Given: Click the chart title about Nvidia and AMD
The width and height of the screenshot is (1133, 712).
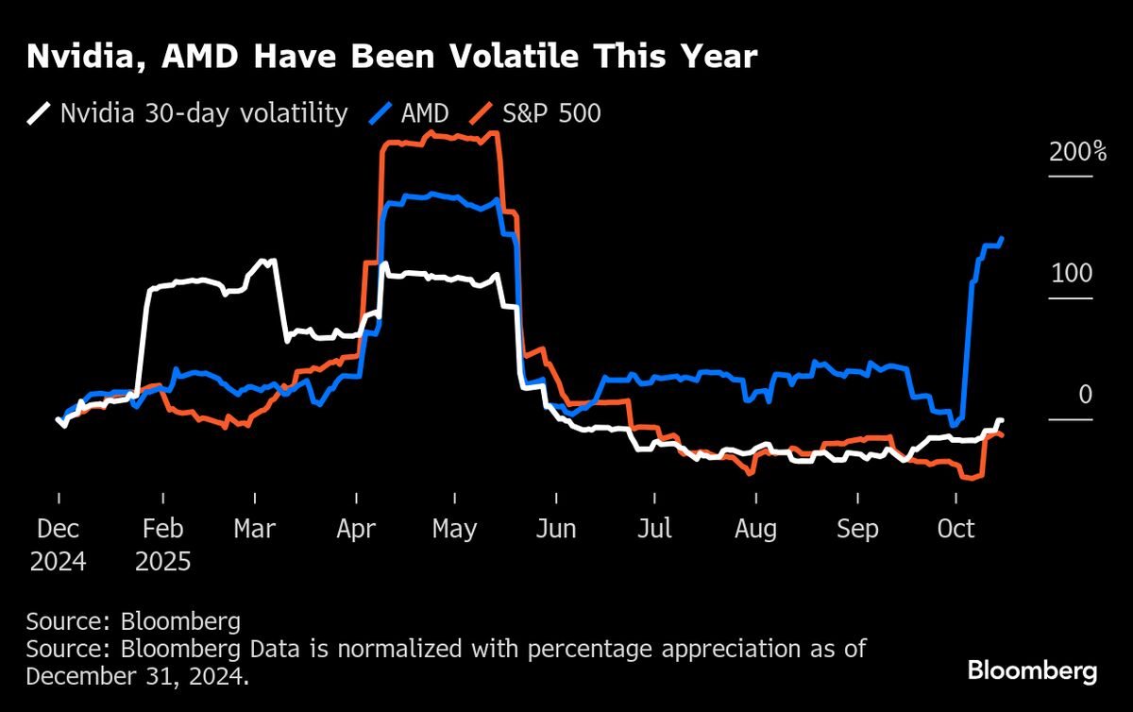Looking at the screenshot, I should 392,58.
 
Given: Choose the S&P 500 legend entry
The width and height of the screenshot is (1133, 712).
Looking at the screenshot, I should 553,114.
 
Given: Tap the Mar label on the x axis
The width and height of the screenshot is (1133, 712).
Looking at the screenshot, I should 255,529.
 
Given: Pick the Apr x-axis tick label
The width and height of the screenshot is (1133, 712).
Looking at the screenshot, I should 357,529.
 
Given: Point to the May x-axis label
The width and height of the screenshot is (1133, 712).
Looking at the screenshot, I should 454,529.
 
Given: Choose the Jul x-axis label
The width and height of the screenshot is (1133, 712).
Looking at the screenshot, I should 653,529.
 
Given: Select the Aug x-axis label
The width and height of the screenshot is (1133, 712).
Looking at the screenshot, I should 755,529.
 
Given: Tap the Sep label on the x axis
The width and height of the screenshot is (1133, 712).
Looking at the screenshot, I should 857,529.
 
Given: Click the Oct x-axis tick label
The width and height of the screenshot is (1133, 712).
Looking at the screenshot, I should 955,529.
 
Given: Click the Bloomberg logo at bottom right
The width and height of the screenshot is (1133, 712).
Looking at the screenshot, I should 1032,672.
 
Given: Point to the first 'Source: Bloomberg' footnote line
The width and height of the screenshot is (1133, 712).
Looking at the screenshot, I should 133,622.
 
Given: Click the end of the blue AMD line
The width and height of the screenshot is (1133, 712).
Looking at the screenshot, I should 1002,238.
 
